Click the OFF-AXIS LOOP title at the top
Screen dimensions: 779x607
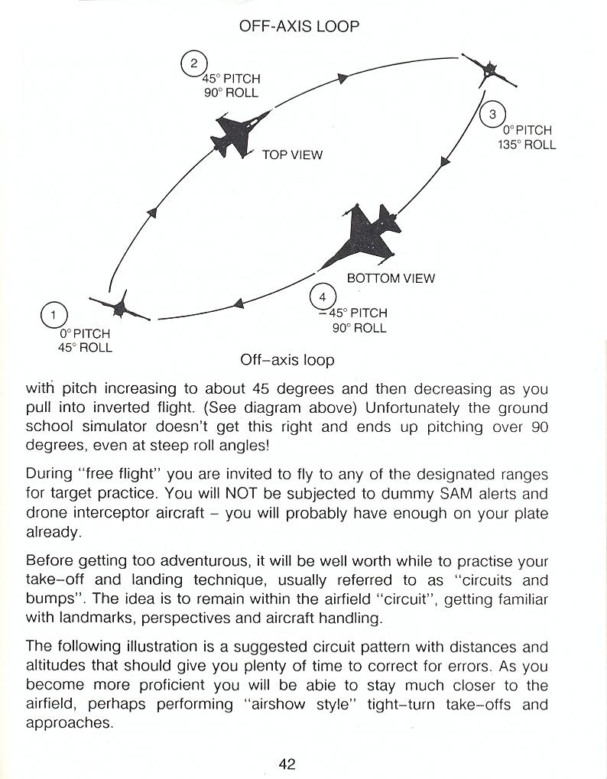pyautogui.click(x=299, y=26)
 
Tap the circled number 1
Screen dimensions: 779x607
pyautogui.click(x=54, y=315)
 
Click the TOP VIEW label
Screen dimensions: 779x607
pyautogui.click(x=292, y=155)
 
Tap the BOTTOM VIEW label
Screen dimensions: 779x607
pyautogui.click(x=391, y=278)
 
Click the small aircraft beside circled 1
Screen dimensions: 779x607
pyautogui.click(x=119, y=307)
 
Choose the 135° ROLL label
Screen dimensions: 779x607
pyautogui.click(x=527, y=144)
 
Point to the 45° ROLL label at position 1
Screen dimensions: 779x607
pyautogui.click(x=85, y=348)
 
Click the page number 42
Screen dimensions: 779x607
pyautogui.click(x=287, y=763)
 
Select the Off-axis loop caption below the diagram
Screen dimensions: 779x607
pyautogui.click(x=287, y=359)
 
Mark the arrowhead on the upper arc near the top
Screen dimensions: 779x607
pyautogui.click(x=343, y=77)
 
